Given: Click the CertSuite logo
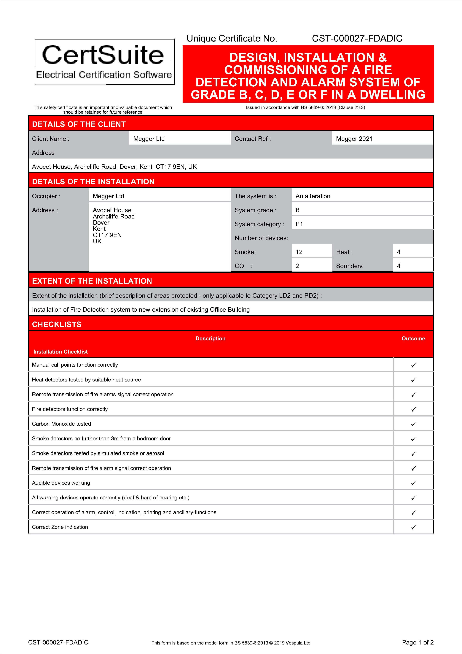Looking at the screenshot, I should pos(104,62).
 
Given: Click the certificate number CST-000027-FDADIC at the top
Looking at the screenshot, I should pos(357,38).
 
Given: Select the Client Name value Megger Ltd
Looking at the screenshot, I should pos(149,139).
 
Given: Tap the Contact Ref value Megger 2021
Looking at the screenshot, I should pos(354,139).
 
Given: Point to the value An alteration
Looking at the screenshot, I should pos(313,196).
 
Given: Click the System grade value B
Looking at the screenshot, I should pos(297,210).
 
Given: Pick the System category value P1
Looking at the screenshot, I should pos(299,224).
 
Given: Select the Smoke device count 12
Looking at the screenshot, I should pos(299,252).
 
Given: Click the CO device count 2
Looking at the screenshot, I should pos(297,266).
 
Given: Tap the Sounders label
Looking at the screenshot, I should pos(349,266).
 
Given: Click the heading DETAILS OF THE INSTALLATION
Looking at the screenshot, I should pos(93,181).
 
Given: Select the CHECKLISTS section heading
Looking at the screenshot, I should pos(57,324).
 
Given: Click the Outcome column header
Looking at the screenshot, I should pos(413,338).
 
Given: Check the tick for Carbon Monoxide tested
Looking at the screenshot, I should pos(413,424).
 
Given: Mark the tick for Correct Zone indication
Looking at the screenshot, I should pos(413,527).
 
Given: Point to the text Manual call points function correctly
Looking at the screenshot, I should pos(75,365).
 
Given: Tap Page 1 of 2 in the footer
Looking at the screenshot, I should pos(418,642).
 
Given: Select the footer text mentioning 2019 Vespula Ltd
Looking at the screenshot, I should pos(231,643).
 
